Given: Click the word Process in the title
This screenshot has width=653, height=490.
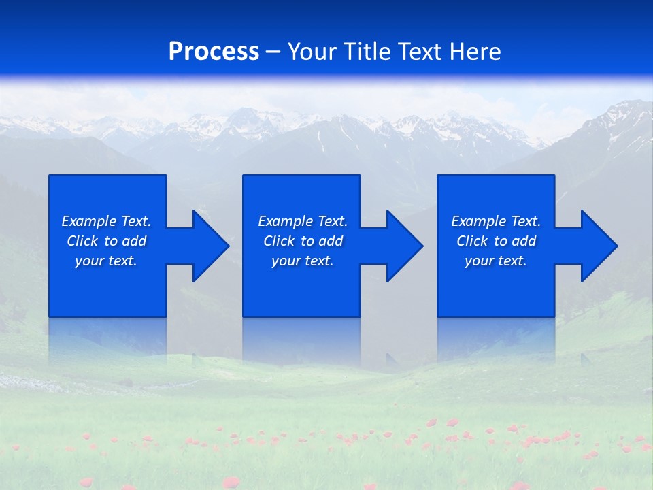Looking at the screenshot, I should pos(214,52).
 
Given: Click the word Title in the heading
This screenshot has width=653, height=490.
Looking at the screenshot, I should pos(367,52).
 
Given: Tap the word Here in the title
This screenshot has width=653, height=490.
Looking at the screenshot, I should pos(473,52).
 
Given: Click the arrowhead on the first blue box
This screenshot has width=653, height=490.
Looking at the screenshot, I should pos(208,246).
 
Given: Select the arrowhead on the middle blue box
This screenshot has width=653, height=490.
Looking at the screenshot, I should pos(403,246).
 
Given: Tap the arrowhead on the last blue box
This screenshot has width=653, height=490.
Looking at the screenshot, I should pos(597,246).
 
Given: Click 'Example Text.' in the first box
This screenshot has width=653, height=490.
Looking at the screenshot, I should pos(106,221).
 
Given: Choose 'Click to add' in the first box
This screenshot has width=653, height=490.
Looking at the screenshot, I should pos(106,241).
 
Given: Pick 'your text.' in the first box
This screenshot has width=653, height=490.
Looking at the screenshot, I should pos(106,261).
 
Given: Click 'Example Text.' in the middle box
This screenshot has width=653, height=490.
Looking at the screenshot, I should pos(303,221).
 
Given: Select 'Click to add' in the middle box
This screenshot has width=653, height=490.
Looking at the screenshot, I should pos(303,241).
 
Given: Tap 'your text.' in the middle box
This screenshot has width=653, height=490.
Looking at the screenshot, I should pos(303,261).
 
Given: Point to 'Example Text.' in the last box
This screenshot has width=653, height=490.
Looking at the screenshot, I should pos(496,221).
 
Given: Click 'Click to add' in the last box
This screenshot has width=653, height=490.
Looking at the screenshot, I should pos(496,241).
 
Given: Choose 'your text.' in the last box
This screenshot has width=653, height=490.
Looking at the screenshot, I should pos(496,261).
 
